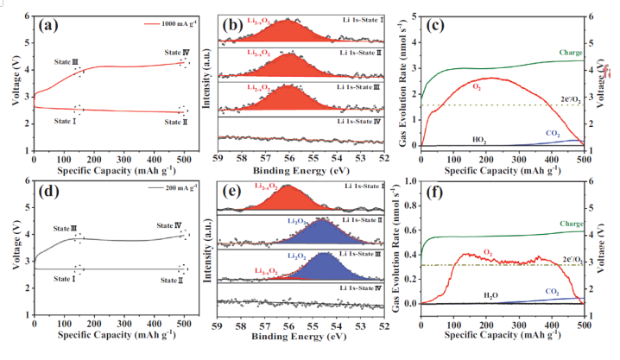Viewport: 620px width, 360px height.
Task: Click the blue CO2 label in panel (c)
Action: pyautogui.click(x=553, y=133)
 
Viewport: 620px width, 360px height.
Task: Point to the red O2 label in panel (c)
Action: pyautogui.click(x=477, y=87)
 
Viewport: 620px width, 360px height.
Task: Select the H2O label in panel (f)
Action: pyautogui.click(x=478, y=294)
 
